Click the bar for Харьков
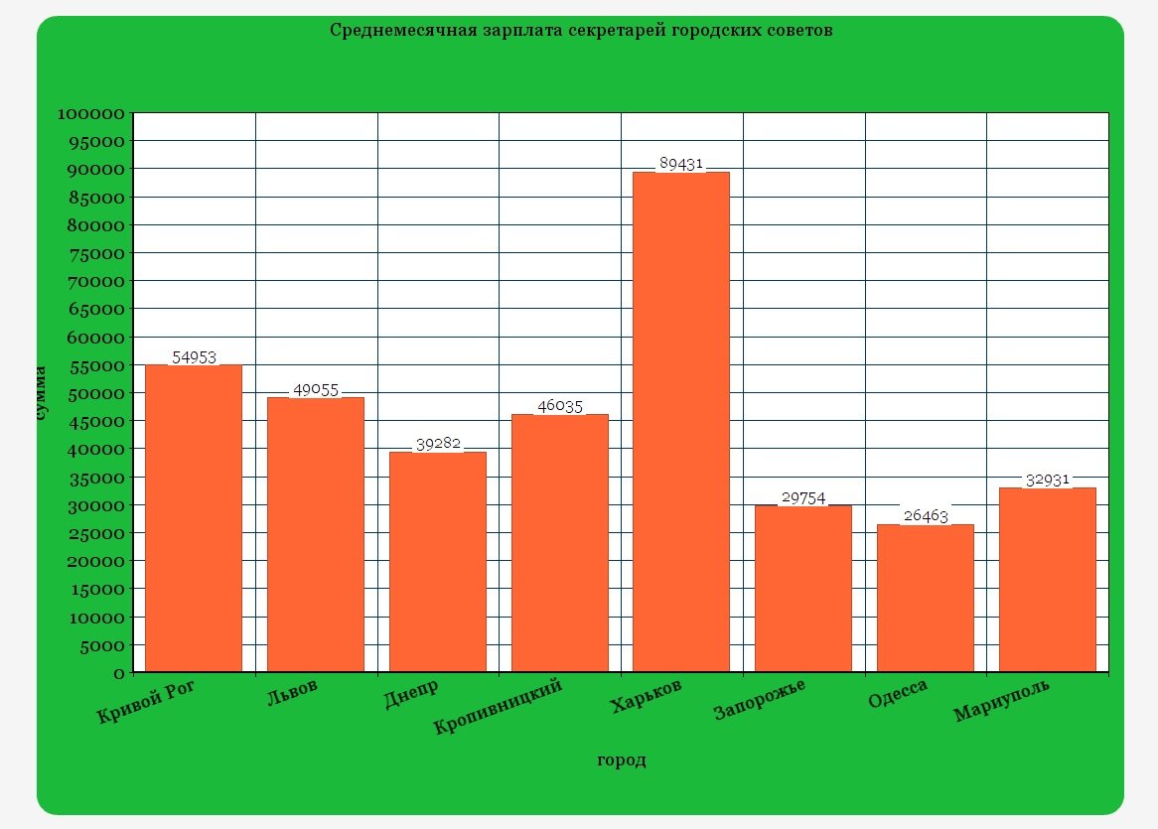(x=681, y=422)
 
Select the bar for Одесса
(x=925, y=598)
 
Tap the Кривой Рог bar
(x=194, y=518)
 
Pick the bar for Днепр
(x=438, y=562)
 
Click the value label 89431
(x=681, y=164)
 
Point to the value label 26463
(x=925, y=516)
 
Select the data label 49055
(x=316, y=390)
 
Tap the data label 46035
(x=559, y=406)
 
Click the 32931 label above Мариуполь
(x=1047, y=480)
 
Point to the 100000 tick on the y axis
(x=90, y=114)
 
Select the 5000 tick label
(x=100, y=646)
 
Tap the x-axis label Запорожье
(x=760, y=699)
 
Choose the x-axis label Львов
(x=293, y=691)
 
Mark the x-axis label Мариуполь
(x=1001, y=701)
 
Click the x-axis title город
(x=621, y=760)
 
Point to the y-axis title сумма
(x=40, y=394)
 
